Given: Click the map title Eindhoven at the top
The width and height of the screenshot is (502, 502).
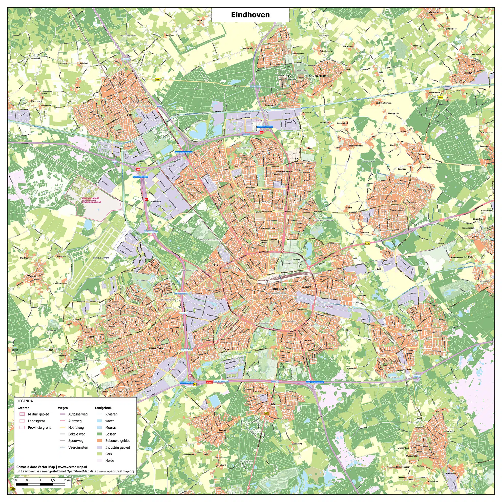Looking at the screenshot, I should pos(250,15).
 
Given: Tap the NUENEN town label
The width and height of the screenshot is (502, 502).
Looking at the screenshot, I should pos(392,201).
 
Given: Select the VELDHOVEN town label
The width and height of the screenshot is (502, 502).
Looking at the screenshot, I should pos(156,348).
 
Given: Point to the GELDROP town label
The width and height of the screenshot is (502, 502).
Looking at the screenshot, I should pos(417,330).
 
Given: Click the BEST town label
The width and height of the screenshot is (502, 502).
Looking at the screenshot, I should pos(129,115).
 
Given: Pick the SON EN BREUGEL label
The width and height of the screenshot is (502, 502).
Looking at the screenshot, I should pos(319,76).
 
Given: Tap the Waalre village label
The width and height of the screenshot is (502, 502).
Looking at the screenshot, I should pos(222,430).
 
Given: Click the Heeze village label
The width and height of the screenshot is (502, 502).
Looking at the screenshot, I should pos(429,443).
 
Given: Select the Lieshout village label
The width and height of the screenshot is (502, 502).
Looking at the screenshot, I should pos(468,73).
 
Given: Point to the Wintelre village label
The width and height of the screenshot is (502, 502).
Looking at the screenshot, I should pos(32,276).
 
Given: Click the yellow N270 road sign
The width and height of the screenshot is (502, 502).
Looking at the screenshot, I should pos(367,243).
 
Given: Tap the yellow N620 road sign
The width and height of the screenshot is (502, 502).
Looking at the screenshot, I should pos(158,79).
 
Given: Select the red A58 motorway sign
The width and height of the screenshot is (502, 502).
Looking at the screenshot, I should pos(138,169).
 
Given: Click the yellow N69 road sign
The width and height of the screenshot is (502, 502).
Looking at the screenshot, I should pos(266,413).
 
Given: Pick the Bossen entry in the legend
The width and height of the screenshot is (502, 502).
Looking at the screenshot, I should pos(111,434).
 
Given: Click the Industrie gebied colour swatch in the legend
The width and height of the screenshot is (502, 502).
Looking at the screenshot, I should pos(100,447).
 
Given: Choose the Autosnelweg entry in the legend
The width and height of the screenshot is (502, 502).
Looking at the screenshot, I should pos(78,414).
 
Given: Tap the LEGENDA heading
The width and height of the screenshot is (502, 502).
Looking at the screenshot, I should pos(25,401).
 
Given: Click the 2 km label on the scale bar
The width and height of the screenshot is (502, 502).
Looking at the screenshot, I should pos(67,480).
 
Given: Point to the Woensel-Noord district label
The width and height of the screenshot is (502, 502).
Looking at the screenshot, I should pos(284,172).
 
